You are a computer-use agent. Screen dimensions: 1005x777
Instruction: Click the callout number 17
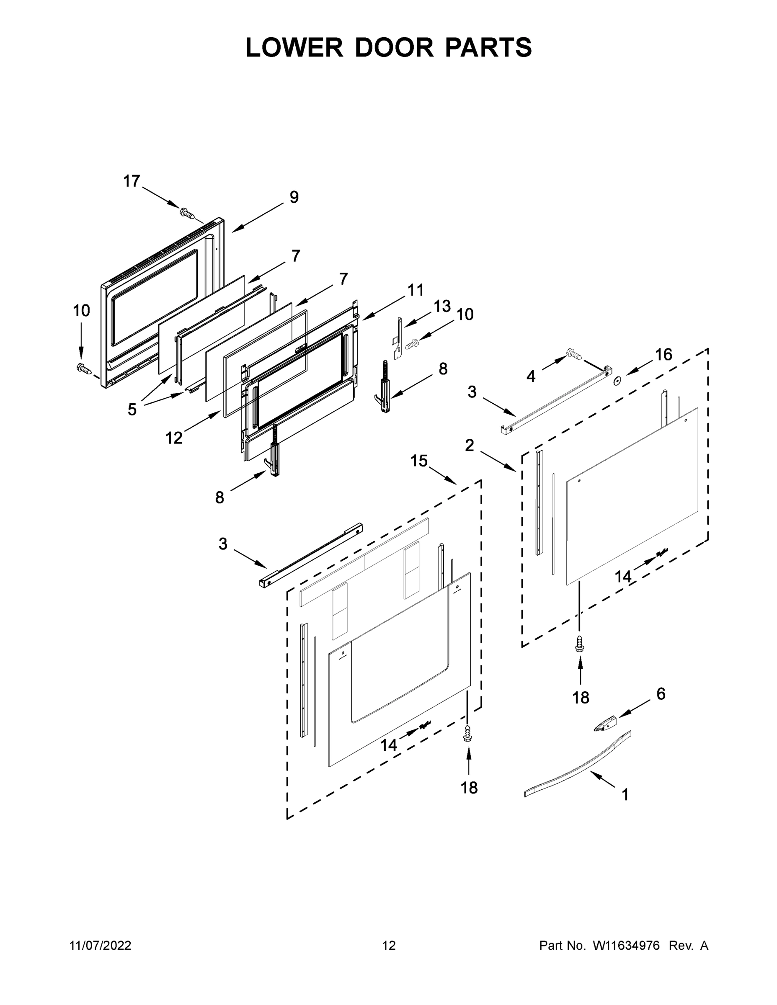(x=131, y=181)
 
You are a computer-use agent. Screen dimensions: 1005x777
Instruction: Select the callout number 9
(x=294, y=197)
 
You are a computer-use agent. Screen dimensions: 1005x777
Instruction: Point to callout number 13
(x=442, y=306)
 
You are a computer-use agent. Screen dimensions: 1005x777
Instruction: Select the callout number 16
(x=664, y=354)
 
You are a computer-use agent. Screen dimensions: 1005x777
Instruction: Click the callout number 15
(x=419, y=461)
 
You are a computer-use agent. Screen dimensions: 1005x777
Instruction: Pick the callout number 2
(x=469, y=445)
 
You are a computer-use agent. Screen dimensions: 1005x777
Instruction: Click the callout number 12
(x=174, y=438)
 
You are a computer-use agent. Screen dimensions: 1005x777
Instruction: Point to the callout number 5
(x=132, y=409)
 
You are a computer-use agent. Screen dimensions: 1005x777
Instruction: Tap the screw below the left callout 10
(x=83, y=368)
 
